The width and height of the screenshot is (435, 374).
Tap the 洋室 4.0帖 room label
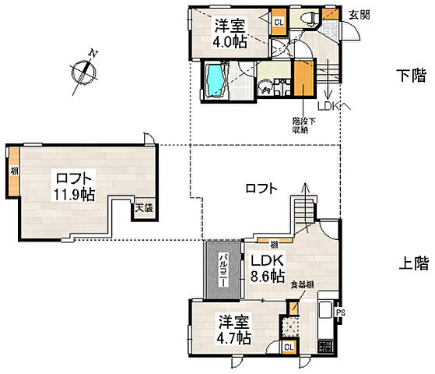[231, 33]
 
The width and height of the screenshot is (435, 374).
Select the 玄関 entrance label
[359, 13]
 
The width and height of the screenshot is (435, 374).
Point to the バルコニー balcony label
[222, 270]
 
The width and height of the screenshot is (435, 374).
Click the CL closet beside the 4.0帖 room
[278, 22]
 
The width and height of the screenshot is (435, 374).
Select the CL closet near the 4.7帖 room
[288, 347]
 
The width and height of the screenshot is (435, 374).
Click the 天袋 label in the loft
[143, 208]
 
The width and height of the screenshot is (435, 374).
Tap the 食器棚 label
[302, 286]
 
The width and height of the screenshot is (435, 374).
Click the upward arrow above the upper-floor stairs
[304, 188]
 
